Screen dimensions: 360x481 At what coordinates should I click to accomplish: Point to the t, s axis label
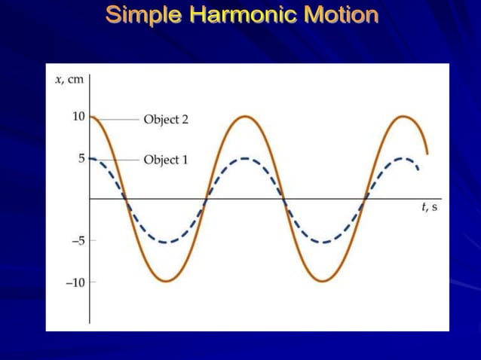429,208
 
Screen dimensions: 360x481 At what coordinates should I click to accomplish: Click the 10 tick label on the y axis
78,117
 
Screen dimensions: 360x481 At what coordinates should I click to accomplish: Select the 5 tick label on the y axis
81,158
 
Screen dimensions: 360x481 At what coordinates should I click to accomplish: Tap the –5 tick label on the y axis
77,241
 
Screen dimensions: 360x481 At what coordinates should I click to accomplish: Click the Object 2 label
165,119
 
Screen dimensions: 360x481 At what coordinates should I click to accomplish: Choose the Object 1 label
165,160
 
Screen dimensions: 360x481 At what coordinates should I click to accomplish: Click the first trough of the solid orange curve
167,281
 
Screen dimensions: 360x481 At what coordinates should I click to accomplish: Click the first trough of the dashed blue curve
167,242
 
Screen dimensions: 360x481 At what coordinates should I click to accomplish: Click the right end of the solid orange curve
427,154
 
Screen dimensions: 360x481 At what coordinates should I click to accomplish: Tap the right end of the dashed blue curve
418,169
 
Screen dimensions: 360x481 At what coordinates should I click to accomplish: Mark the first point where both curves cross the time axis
127,200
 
